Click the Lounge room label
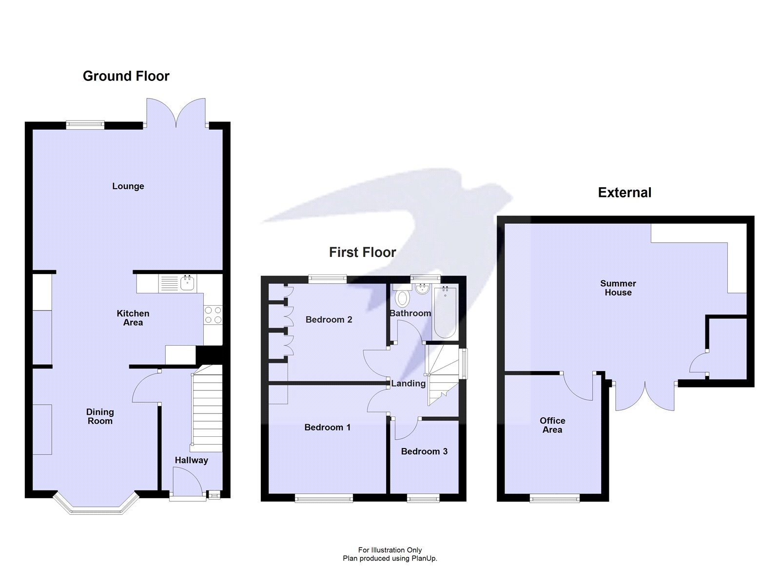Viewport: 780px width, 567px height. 128,186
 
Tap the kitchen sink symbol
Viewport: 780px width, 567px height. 188,282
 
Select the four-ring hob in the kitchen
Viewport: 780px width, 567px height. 213,314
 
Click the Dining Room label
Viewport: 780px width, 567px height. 100,416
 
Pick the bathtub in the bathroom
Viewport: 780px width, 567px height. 445,312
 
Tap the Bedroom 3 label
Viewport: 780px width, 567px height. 424,451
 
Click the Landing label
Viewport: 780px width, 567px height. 408,384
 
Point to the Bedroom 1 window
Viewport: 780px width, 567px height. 324,498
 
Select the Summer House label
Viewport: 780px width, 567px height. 618,288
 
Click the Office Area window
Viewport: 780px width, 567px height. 555,498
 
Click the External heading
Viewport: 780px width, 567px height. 624,193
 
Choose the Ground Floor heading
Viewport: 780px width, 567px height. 126,76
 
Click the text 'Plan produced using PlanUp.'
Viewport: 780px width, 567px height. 390,558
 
